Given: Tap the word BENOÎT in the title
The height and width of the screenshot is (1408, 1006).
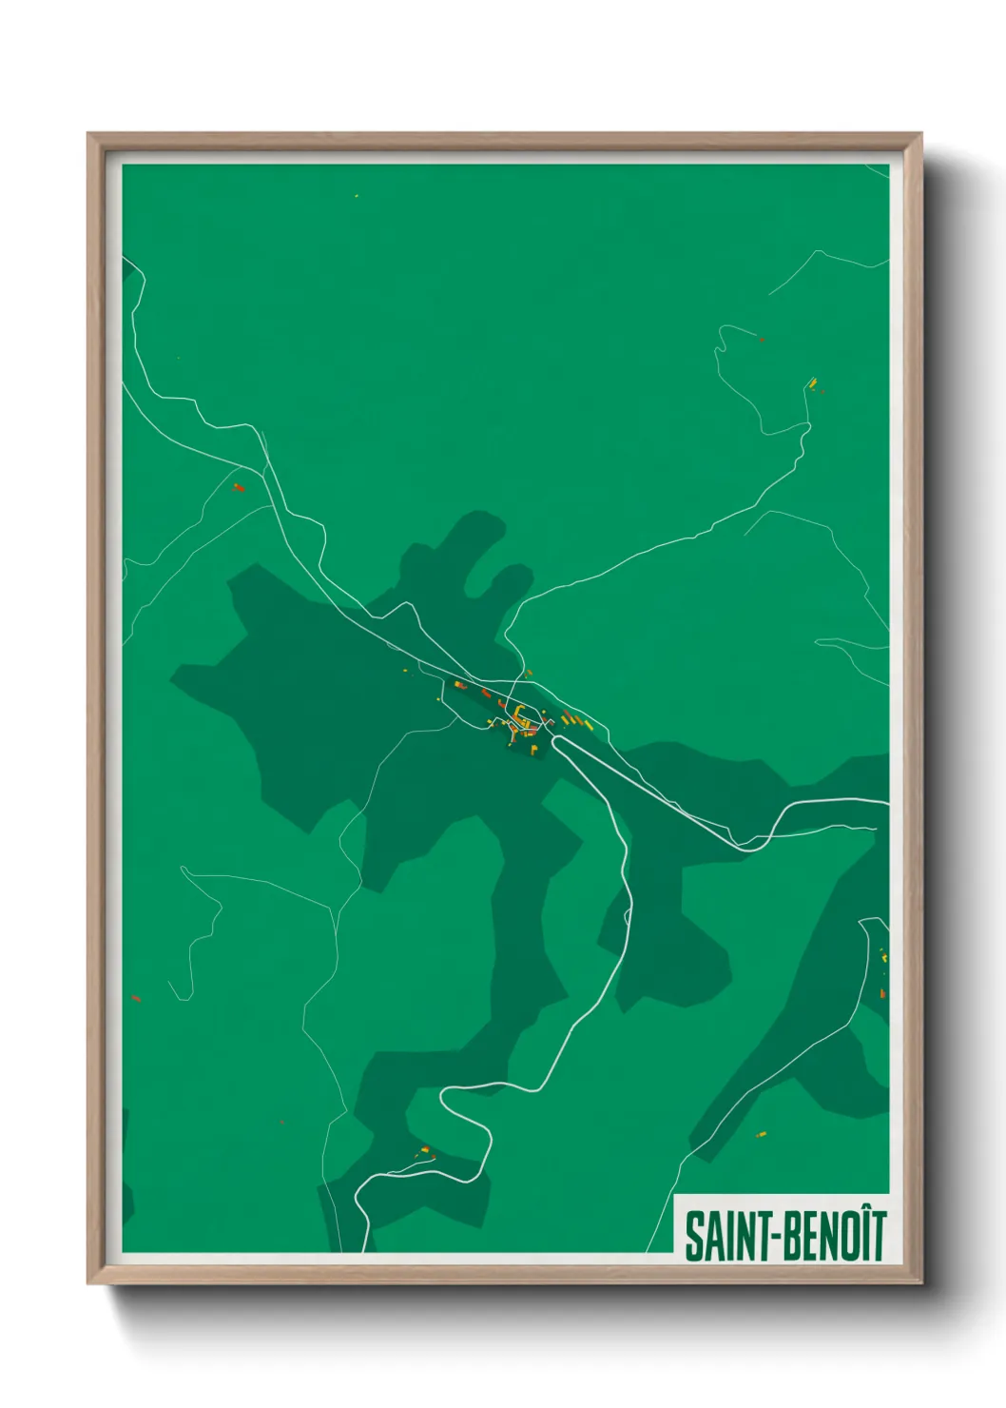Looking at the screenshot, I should coord(836,1236).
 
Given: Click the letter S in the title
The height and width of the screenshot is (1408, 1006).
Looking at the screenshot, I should coord(692,1236).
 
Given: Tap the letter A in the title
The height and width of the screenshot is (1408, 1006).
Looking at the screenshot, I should coord(707,1236).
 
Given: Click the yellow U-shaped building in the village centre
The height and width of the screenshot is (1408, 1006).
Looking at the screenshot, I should coord(520,714).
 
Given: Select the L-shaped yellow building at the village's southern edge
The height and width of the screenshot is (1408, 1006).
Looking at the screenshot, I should coord(533,750).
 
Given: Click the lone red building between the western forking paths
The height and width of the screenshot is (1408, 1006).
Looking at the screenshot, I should coord(239,487).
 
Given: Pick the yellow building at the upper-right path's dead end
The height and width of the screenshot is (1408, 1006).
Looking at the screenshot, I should coord(812,382).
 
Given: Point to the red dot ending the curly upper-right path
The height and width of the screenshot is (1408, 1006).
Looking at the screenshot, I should coord(762,338).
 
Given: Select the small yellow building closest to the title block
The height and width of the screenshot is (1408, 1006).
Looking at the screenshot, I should coord(760,1134).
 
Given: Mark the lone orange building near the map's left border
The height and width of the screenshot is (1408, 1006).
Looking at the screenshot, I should coord(135,998).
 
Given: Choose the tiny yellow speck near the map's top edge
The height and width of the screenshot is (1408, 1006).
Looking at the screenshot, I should coord(357,197).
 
